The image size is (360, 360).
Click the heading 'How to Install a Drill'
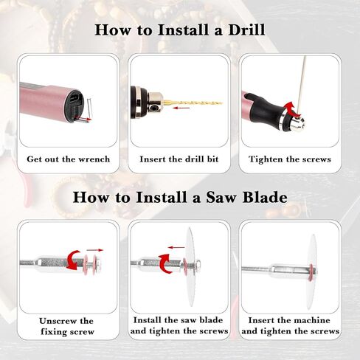(179, 30)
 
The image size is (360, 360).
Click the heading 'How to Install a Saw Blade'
(179, 197)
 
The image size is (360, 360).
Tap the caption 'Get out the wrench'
(68, 159)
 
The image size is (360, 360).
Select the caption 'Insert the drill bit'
(179, 159)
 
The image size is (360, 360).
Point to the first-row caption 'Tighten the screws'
(290, 159)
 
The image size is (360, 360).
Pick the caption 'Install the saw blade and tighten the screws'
(179, 326)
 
